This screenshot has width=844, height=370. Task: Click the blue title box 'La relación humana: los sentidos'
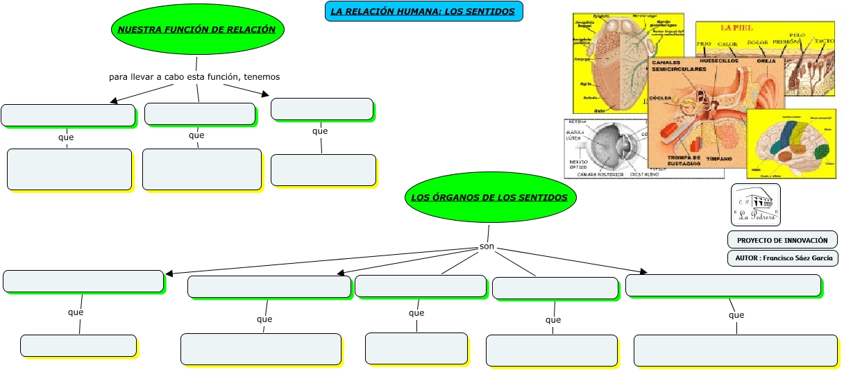(x=423, y=11)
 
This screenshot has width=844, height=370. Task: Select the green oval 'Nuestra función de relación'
(x=197, y=29)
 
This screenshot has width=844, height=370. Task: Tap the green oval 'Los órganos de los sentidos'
(x=489, y=197)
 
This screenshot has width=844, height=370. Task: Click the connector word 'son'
(x=487, y=246)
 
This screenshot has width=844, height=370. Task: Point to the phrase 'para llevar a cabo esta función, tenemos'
(x=194, y=76)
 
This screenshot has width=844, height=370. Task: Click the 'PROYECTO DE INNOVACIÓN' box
(x=782, y=240)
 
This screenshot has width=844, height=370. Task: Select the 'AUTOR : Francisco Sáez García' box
(x=782, y=258)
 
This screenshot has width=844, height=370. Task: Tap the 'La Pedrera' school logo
(x=756, y=205)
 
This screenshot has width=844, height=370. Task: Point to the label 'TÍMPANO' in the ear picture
(x=719, y=158)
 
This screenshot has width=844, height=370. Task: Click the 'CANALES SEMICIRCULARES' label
(x=677, y=66)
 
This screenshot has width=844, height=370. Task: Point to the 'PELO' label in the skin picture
(x=797, y=35)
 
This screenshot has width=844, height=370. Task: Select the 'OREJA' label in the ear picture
(x=766, y=61)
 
